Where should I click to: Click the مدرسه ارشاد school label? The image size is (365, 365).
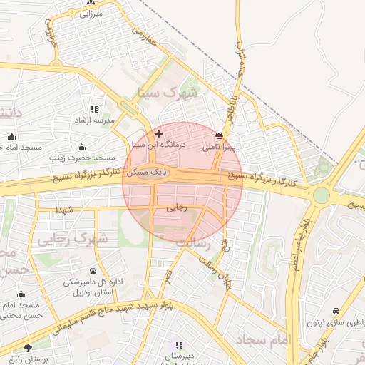(95, 120)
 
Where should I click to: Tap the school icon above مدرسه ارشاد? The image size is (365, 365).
(95, 110)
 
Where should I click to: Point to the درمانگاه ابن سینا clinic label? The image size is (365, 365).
(158, 144)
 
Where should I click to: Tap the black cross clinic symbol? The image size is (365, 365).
(158, 133)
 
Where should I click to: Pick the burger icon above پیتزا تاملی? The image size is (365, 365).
(218, 135)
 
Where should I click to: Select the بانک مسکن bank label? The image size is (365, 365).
(147, 173)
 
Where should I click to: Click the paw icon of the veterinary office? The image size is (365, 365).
(93, 271)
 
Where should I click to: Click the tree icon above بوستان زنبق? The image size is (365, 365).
(28, 348)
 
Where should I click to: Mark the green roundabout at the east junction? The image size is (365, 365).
(321, 195)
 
